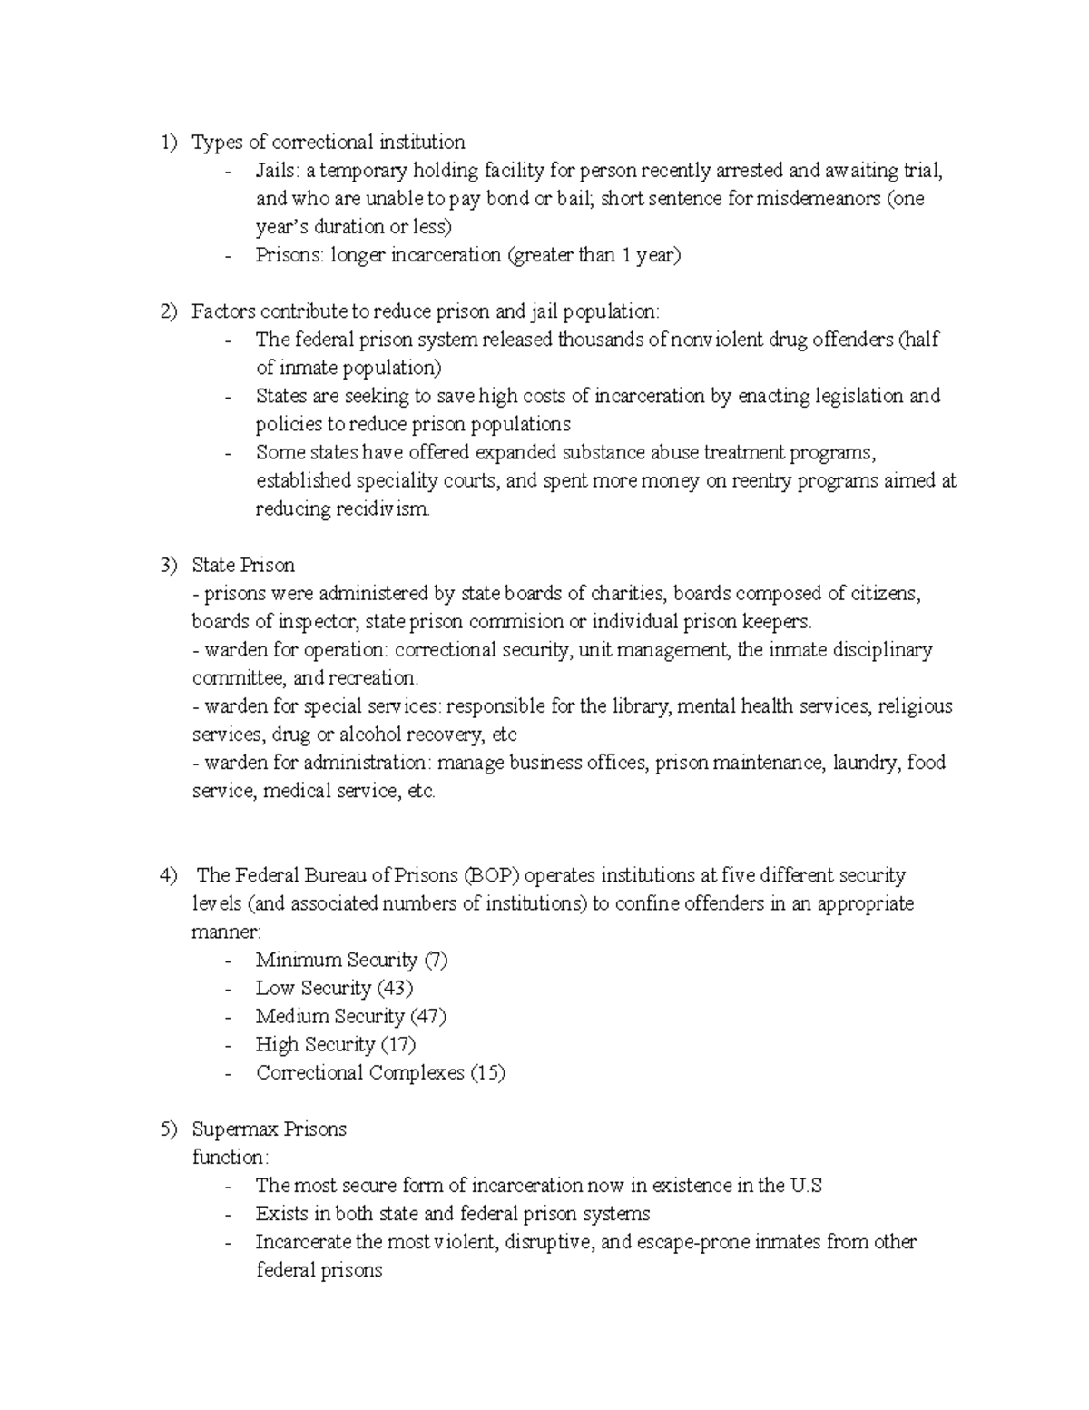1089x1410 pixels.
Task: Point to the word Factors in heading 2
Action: pos(223,311)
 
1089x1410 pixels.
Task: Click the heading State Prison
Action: pos(243,566)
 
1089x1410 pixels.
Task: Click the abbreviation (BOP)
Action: pos(491,875)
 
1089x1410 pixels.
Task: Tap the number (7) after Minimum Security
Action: pos(436,960)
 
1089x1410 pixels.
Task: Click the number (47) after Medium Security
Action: pos(428,1016)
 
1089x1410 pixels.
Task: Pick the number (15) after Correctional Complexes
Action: pos(486,1072)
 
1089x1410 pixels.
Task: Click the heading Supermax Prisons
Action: pos(269,1129)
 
